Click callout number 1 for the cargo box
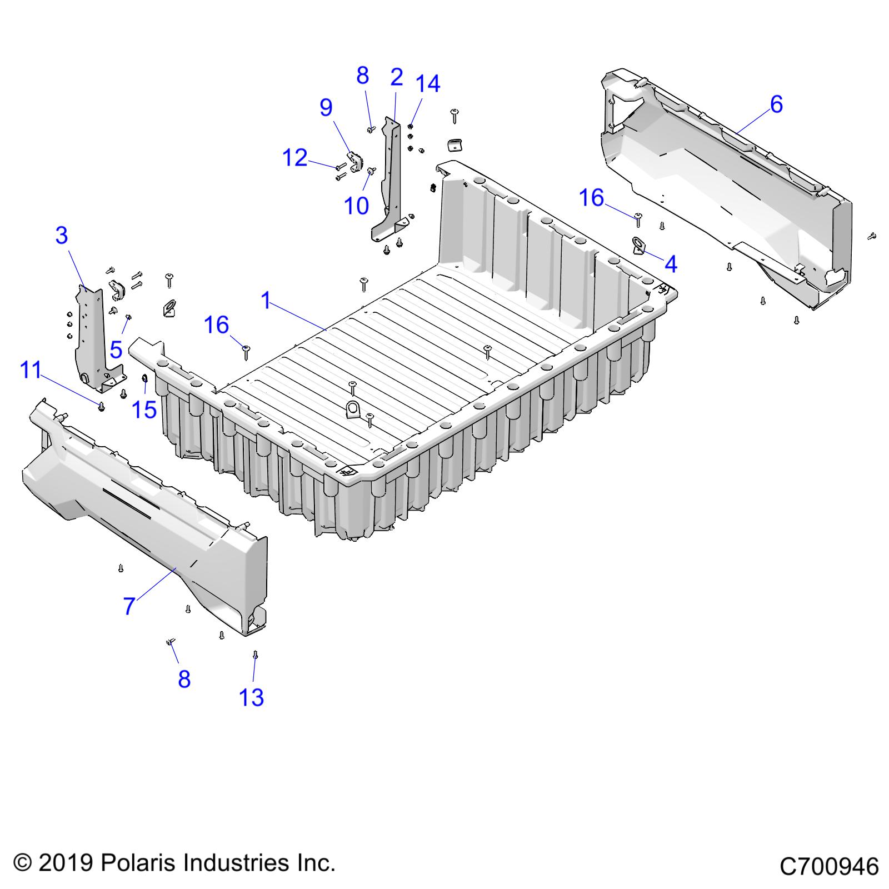point(266,301)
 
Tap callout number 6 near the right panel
point(776,104)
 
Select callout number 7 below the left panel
point(129,606)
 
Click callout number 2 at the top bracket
point(396,77)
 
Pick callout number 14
point(428,84)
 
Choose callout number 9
point(326,107)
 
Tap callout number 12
point(295,158)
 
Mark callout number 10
point(356,206)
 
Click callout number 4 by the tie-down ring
point(671,264)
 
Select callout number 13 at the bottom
point(251,697)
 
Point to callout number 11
point(31,370)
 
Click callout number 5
point(116,350)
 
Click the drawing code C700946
point(829,866)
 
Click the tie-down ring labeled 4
point(638,245)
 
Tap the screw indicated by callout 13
point(255,655)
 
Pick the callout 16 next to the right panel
point(591,198)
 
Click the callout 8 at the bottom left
point(184,679)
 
